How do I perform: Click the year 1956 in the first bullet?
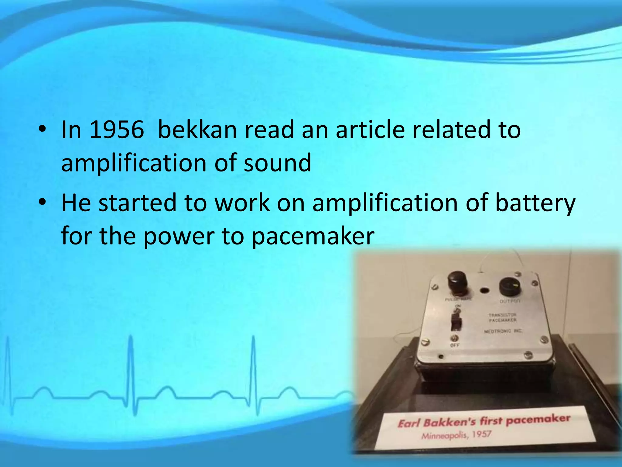coord(117,130)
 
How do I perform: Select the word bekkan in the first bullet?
coord(197,130)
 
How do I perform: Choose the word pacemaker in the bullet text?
coord(313,236)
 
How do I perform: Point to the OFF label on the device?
coord(455,345)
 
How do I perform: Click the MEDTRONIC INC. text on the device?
coord(503,331)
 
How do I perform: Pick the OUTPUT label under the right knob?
coord(510,301)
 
